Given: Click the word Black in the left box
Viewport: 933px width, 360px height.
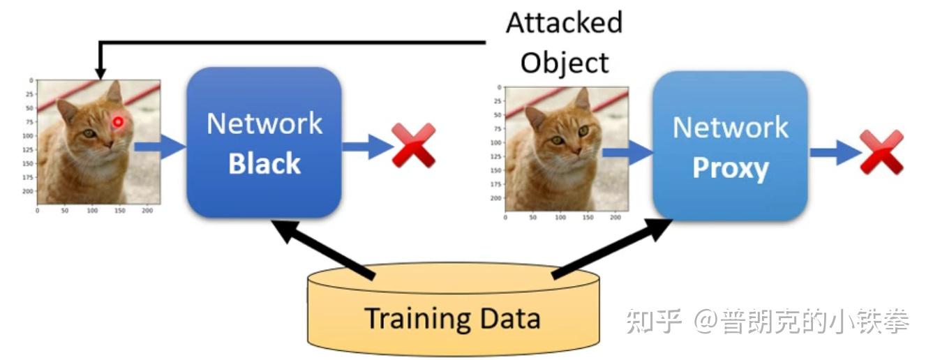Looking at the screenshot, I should tap(264, 164).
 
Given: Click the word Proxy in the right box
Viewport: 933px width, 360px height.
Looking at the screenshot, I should tap(730, 169).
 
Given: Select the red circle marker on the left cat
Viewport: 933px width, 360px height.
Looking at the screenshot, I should tap(118, 123).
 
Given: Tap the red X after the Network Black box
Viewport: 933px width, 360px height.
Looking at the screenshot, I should tap(413, 145).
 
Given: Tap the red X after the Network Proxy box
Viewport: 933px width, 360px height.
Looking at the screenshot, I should tap(881, 151).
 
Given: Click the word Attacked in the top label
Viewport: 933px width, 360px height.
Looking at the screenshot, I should tap(564, 23).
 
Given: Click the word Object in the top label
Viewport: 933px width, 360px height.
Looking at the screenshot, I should tap(564, 63).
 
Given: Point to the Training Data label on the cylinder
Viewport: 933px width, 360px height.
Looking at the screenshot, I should tap(452, 319).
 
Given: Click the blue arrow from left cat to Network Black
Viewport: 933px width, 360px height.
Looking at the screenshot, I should tap(159, 147).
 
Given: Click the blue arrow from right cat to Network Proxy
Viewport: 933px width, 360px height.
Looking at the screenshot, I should tap(627, 152).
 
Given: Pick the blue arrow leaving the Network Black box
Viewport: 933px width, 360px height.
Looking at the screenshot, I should tap(367, 147).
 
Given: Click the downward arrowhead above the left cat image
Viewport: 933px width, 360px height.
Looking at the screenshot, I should tap(100, 72).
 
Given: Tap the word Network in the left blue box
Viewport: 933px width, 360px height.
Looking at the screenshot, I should tap(264, 124).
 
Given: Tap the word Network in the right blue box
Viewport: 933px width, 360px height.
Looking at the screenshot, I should tap(730, 128).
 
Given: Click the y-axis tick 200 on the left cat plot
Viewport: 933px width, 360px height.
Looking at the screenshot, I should tap(27, 190).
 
